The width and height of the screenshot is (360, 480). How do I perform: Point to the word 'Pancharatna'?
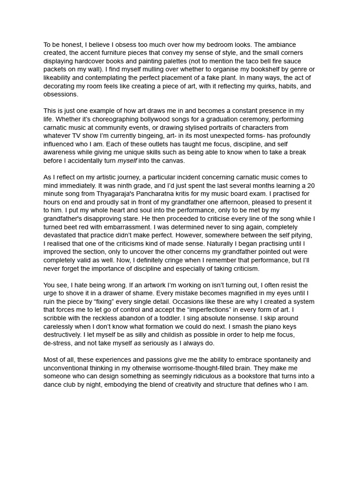click(155, 194)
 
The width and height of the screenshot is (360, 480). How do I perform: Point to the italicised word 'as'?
click(137, 343)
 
